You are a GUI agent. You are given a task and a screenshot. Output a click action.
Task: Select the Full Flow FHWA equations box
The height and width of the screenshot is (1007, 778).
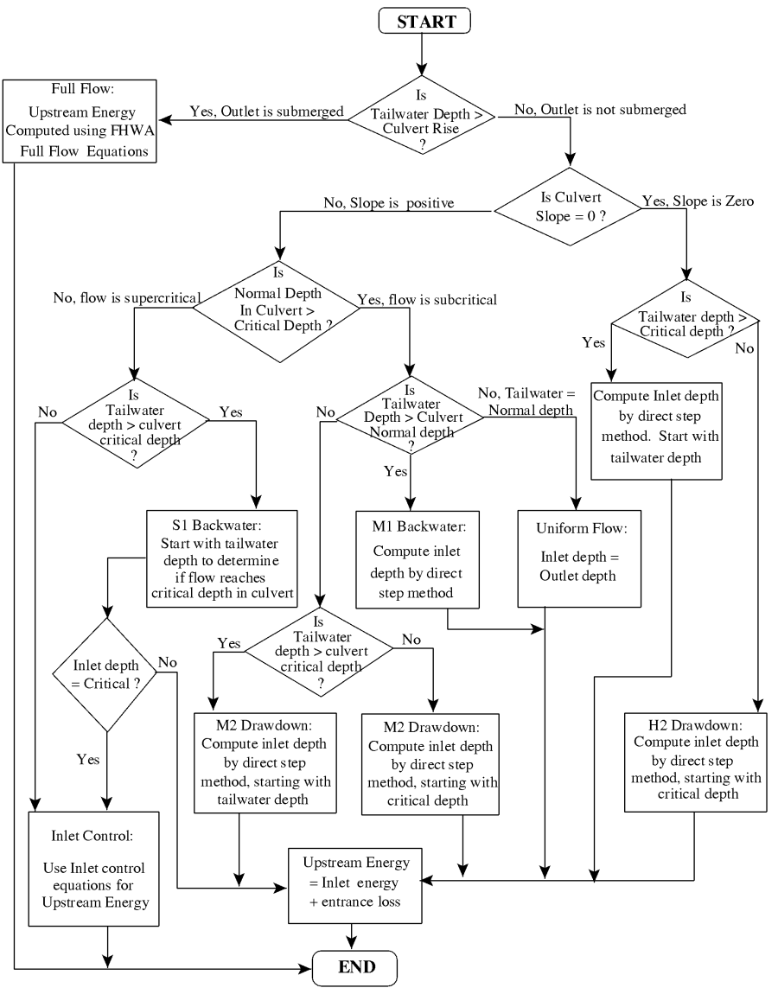pos(80,121)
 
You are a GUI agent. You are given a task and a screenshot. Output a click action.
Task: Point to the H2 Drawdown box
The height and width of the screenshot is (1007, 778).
pos(694,757)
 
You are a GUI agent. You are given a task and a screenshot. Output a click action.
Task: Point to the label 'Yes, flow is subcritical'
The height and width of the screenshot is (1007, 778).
pos(427,301)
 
